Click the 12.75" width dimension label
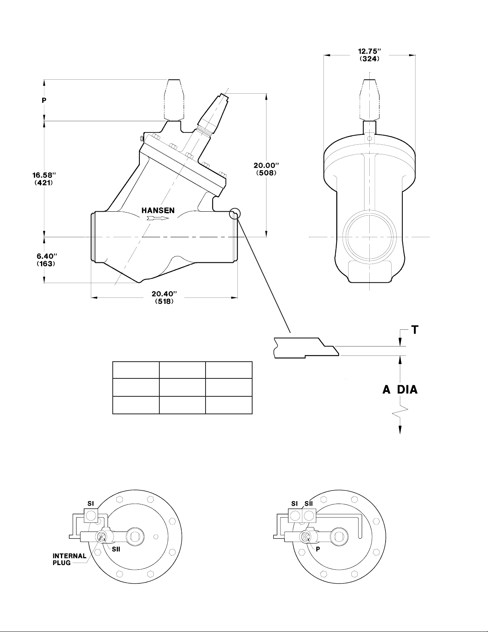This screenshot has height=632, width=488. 369,51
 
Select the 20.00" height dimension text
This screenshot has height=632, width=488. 266,165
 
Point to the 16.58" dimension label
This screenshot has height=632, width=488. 44,175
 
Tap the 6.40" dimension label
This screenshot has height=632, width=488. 46,256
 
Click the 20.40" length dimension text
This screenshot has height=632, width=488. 164,294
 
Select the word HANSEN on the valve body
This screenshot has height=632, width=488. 158,210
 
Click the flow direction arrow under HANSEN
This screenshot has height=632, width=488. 158,219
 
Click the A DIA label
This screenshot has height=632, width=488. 400,390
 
